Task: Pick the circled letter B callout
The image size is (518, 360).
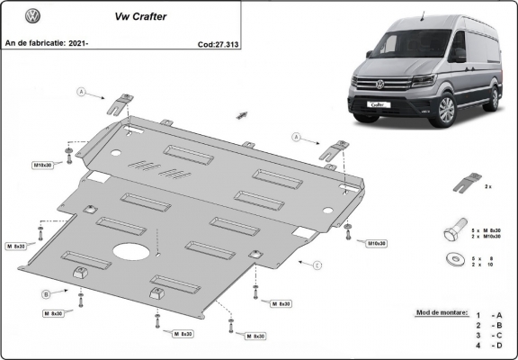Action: tap(46, 293)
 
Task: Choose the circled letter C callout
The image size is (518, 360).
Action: tap(317, 265)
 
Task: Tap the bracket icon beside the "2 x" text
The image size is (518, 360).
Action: tap(463, 184)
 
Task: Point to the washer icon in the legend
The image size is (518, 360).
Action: tap(452, 260)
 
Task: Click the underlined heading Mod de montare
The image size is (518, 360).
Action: tap(442, 312)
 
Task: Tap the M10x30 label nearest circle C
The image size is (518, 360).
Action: tap(376, 243)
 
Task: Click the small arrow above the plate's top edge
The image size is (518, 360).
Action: tap(241, 114)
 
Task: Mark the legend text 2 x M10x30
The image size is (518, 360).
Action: tap(487, 237)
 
